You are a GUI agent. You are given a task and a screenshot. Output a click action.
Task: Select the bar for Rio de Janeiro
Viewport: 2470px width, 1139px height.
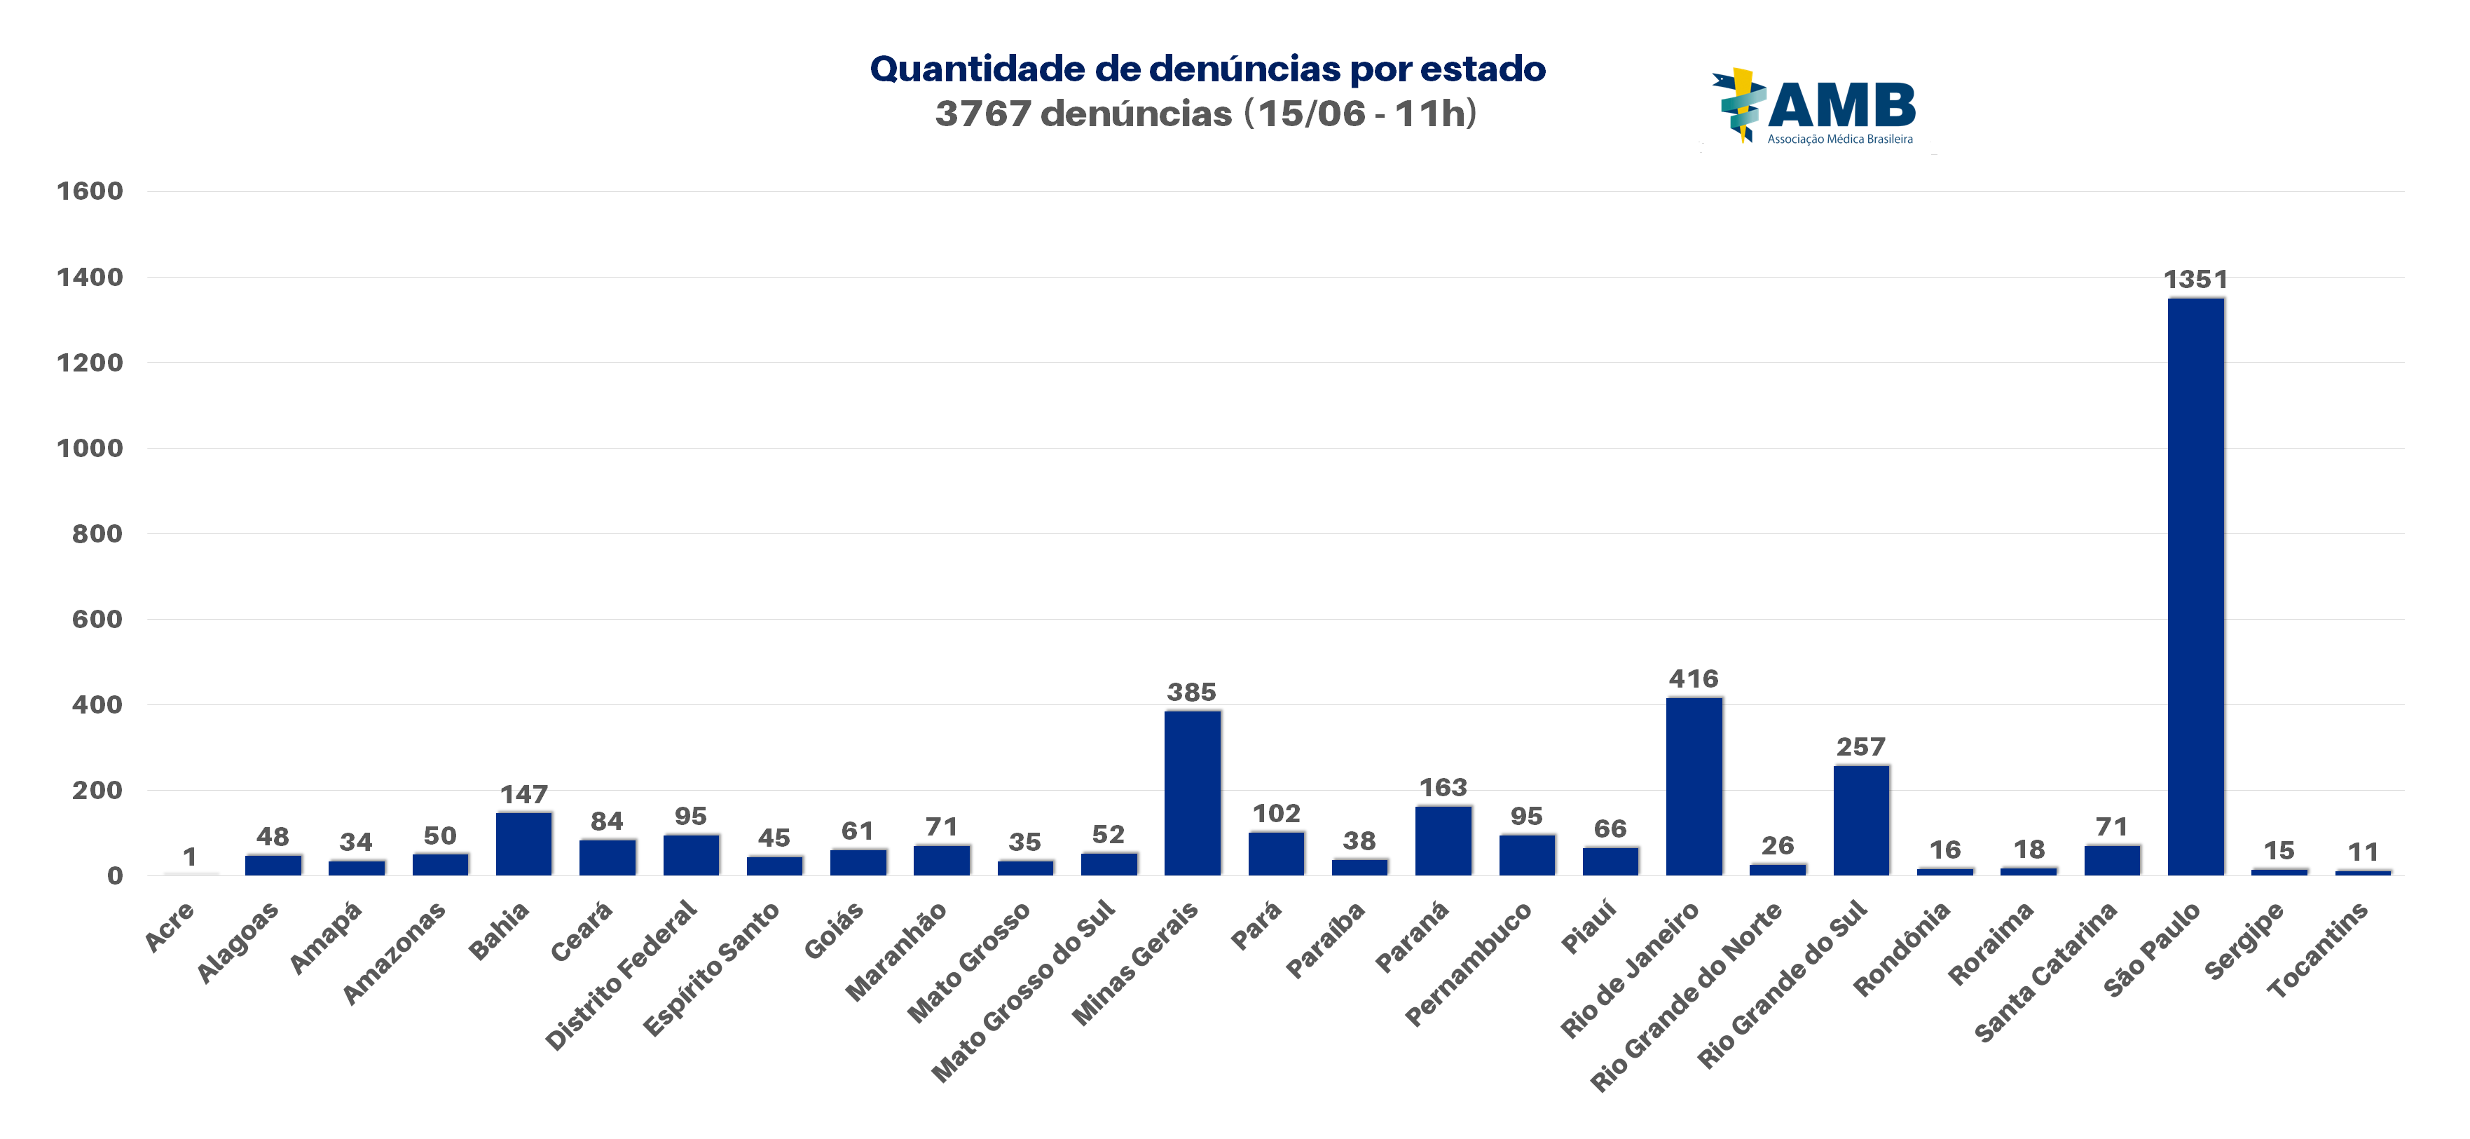(x=1694, y=786)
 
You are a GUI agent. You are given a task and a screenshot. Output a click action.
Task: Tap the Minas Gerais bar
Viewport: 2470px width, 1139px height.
(x=1192, y=793)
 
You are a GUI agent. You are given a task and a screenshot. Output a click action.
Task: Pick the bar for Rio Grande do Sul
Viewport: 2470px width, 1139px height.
(x=1860, y=820)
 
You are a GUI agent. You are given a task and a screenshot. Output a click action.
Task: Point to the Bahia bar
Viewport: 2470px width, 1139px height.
(x=523, y=844)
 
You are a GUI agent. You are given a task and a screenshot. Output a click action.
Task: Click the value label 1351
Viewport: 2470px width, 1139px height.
(x=2195, y=280)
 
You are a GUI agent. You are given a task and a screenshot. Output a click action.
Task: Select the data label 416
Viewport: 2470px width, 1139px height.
(x=1694, y=678)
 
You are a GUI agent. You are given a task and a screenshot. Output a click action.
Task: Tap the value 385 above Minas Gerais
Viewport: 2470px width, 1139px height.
(x=1191, y=693)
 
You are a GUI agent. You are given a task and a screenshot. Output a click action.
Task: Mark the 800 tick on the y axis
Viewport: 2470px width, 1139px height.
(x=97, y=534)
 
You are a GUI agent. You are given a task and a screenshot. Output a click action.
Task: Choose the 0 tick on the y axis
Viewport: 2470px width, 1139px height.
(x=114, y=875)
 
